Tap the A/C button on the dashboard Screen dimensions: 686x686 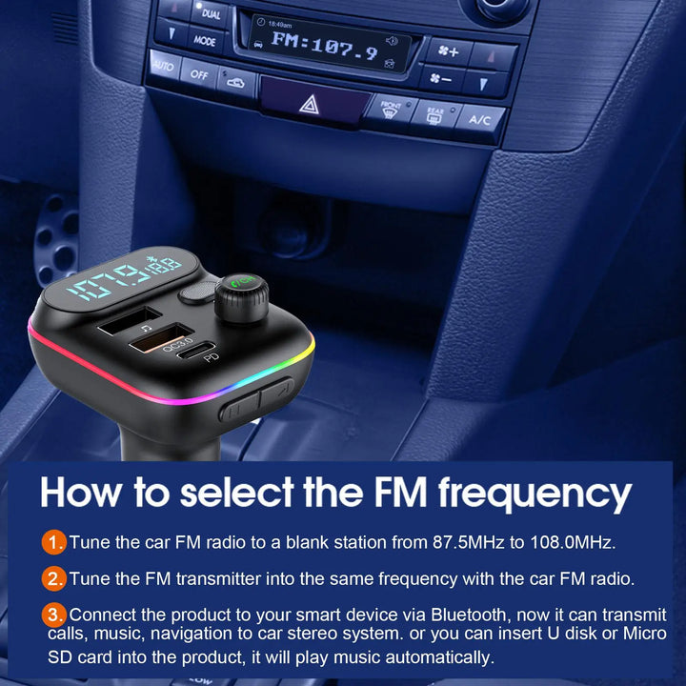pos(479,120)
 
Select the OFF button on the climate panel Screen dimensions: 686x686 pos(198,74)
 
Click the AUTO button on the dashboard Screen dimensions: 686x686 pos(163,67)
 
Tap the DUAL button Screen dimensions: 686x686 pos(211,14)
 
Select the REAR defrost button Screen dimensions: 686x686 pos(434,115)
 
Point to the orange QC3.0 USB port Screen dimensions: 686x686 pos(164,336)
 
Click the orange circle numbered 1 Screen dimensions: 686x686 pos(54,543)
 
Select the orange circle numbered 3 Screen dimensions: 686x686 pos(54,615)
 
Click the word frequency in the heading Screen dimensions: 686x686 pos(535,494)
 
